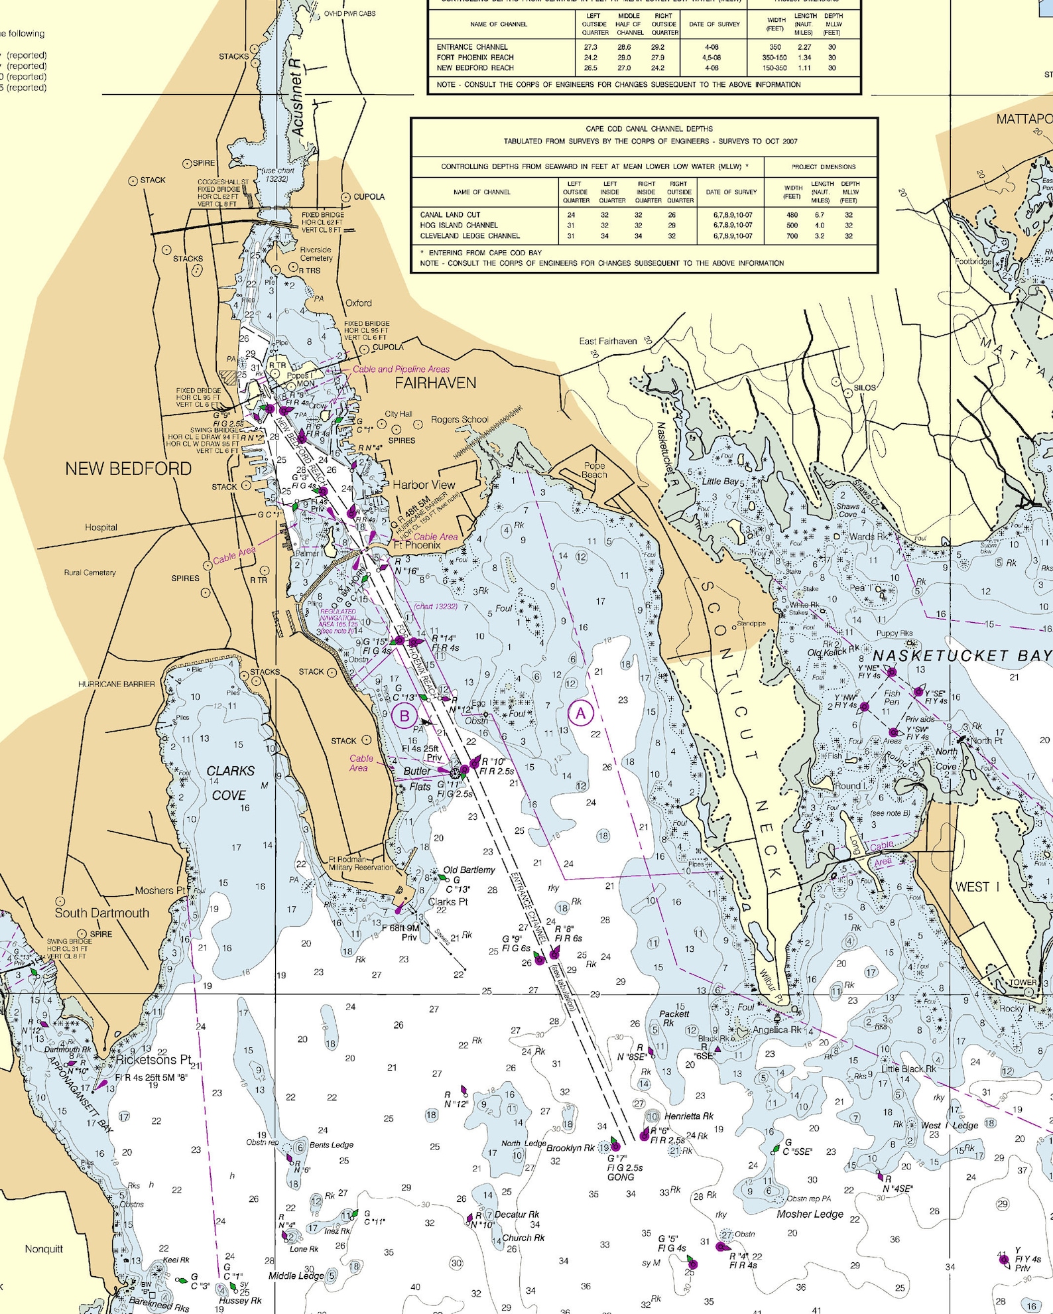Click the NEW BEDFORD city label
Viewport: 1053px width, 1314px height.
click(x=128, y=469)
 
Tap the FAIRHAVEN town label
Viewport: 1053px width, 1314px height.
click(x=435, y=383)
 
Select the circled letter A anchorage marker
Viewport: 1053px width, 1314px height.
click(x=581, y=714)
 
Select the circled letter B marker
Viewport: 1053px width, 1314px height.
click(x=404, y=716)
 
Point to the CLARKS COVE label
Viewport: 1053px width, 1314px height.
click(x=229, y=783)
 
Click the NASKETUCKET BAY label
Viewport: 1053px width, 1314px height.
click(x=961, y=656)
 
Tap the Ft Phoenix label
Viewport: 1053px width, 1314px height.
click(x=417, y=545)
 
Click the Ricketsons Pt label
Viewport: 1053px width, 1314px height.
click(x=153, y=1059)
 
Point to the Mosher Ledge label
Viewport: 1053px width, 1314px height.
click(x=810, y=1214)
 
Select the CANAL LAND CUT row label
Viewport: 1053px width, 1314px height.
click(x=450, y=215)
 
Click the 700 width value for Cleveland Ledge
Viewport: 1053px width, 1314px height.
click(x=792, y=236)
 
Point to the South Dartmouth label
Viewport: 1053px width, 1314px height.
click(x=101, y=913)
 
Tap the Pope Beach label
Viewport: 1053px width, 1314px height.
click(x=594, y=470)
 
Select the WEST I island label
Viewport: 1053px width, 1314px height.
click(x=977, y=887)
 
